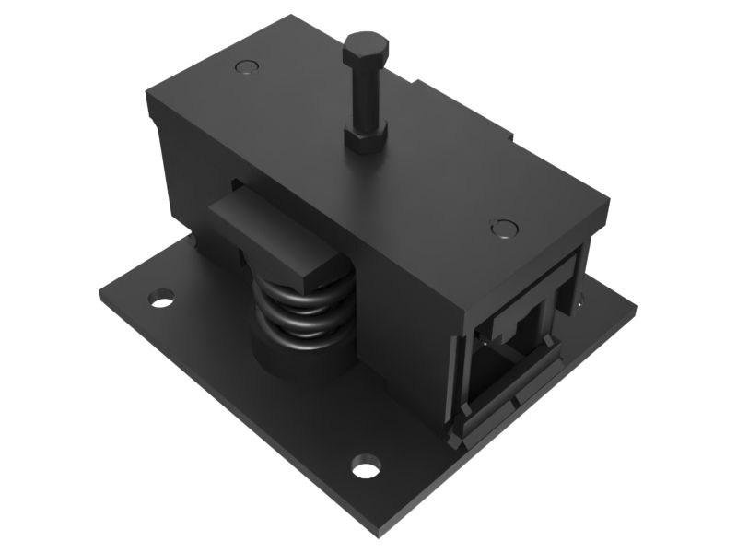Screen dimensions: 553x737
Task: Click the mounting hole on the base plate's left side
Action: [x=162, y=299]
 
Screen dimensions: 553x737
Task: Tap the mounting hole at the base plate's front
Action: [x=366, y=466]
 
